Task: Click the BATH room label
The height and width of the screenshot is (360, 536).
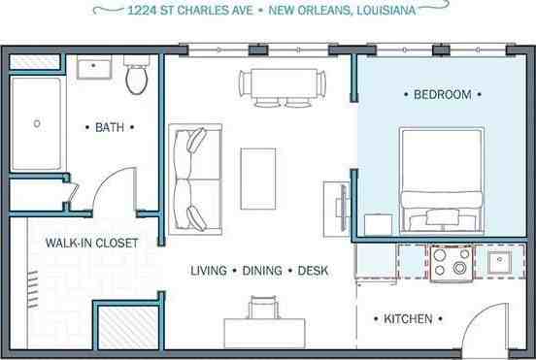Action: pyautogui.click(x=108, y=127)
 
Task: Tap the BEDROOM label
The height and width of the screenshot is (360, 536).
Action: pyautogui.click(x=442, y=95)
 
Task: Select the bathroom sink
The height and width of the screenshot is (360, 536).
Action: pyautogui.click(x=95, y=68)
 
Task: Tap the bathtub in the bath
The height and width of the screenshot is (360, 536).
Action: pyautogui.click(x=38, y=123)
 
